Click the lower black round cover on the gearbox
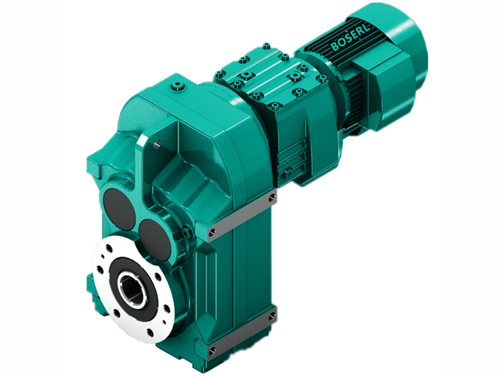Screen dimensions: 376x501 point(155,238)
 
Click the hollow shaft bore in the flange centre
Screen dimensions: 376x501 point(132,288)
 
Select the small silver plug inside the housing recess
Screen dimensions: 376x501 point(156,144)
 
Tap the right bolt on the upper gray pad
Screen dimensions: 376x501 point(272,198)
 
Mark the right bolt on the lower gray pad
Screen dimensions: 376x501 point(272,316)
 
